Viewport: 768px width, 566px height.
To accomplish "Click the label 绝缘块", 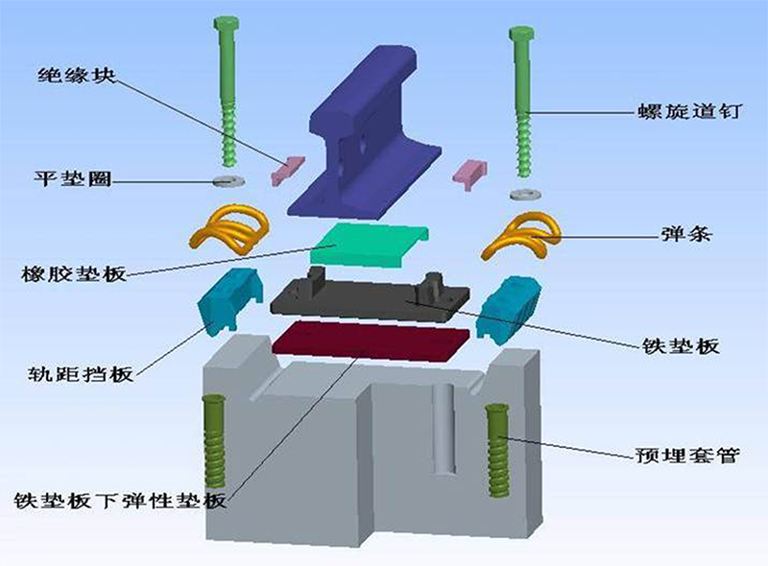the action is point(77,75).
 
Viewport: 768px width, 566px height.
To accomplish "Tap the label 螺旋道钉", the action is point(689,111).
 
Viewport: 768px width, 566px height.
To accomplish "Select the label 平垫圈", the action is point(73,178).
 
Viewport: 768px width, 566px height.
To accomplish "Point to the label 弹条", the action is point(685,234).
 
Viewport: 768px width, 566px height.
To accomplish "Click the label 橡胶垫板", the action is point(74,273).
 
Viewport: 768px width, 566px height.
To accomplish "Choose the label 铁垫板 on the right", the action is point(681,346).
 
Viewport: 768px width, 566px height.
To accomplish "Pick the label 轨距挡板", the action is point(81,374).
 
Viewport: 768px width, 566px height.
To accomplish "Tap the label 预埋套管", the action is point(687,456).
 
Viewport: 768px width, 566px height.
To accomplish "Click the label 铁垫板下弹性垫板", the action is point(121,501).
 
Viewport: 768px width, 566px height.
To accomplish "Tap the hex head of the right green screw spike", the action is point(521,35).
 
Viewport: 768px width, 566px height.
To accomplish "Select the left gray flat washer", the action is point(228,180).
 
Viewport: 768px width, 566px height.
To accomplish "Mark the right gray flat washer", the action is point(525,194).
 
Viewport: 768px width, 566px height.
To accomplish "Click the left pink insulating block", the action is point(287,168).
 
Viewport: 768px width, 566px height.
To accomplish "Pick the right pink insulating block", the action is point(469,174).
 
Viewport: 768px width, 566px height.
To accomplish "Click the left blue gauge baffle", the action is point(228,298).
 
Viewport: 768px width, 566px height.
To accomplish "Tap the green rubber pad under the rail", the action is point(369,245).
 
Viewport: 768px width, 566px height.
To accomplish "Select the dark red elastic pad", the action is point(371,340).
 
